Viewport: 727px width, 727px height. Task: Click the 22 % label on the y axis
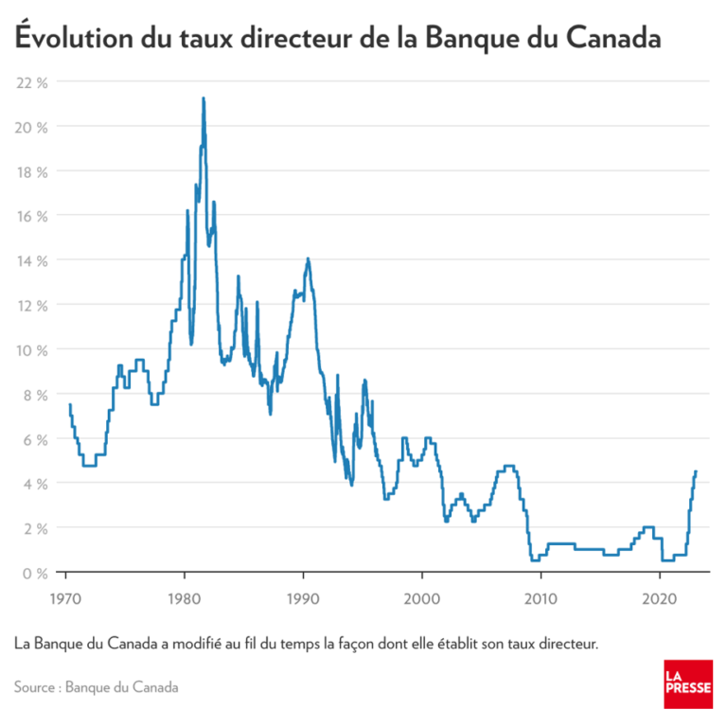coord(31,81)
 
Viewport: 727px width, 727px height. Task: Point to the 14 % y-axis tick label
coord(31,260)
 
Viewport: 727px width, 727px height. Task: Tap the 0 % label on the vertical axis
coord(35,572)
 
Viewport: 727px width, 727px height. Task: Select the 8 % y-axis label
coord(35,394)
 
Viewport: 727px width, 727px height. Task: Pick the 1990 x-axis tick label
coord(303,599)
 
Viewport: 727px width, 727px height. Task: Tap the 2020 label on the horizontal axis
coord(659,599)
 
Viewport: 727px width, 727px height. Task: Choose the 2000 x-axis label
coord(421,599)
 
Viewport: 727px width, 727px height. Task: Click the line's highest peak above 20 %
coord(203,98)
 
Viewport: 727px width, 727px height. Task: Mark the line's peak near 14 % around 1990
coord(308,258)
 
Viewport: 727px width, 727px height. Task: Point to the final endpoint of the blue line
coord(696,471)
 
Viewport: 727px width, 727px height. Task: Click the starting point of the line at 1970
coord(69,405)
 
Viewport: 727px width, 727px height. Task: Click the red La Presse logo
coord(687,683)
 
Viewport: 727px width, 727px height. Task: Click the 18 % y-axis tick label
coord(31,171)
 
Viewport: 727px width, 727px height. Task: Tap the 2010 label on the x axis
coord(540,599)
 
